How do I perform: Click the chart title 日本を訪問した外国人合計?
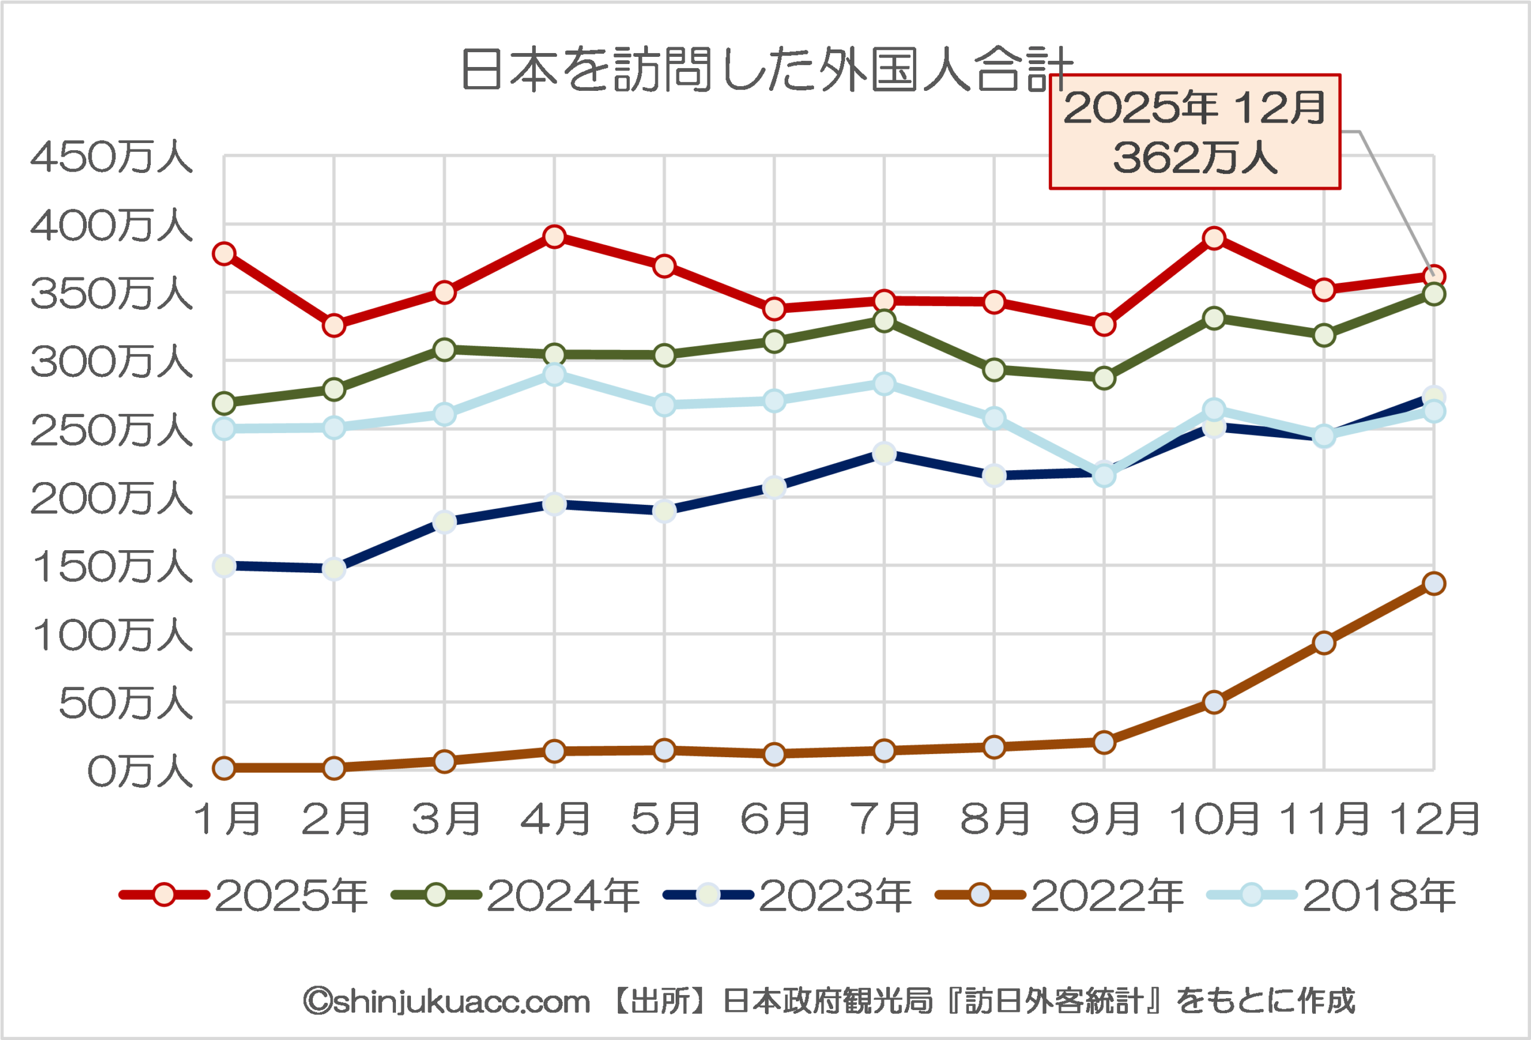[x=766, y=69]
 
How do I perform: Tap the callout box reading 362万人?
[x=1194, y=132]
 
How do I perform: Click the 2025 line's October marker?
[x=1214, y=239]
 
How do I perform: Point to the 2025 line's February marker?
[x=334, y=325]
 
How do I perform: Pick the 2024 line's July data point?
[x=884, y=321]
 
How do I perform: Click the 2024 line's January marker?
[x=225, y=402]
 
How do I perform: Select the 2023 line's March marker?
[x=445, y=522]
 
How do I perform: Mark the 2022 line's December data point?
[x=1434, y=584]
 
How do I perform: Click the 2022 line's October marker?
[x=1214, y=702]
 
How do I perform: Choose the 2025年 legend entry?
[x=244, y=895]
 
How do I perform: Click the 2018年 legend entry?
[x=1331, y=895]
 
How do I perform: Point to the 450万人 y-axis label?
[x=111, y=157]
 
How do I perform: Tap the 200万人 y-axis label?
[x=111, y=499]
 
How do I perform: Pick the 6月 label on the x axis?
[x=774, y=819]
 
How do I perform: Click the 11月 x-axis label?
[x=1324, y=819]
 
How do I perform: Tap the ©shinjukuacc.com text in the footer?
[x=447, y=1001]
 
